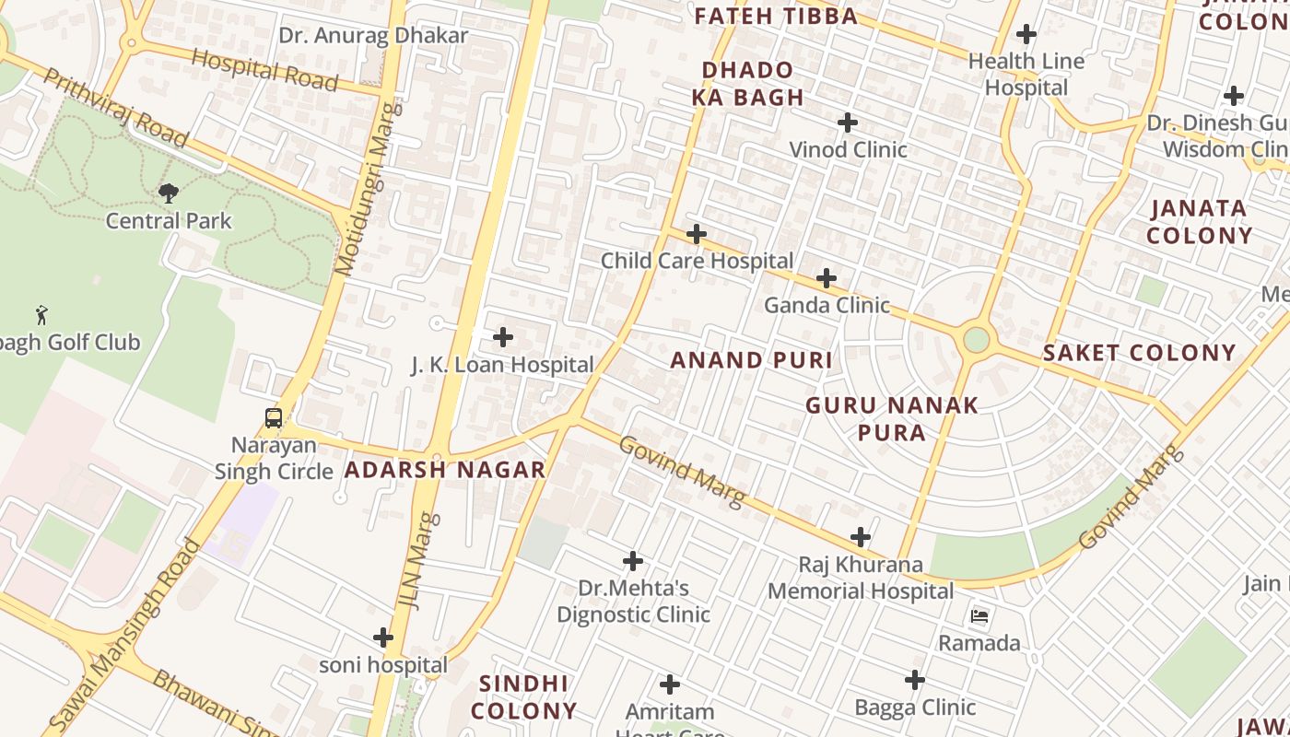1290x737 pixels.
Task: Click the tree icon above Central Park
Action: click(x=168, y=193)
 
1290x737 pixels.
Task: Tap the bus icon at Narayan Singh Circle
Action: click(x=274, y=418)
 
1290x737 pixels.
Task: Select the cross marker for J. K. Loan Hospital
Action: click(x=503, y=337)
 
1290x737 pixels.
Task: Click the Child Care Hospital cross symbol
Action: click(x=697, y=234)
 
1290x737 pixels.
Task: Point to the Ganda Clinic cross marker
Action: click(x=827, y=278)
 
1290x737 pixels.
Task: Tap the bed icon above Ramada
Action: click(x=979, y=615)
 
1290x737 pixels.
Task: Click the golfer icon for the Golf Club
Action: click(x=41, y=315)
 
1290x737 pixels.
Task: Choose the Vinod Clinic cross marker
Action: click(x=848, y=123)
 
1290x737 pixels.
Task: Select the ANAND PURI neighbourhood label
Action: click(x=751, y=360)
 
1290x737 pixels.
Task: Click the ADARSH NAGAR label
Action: click(x=445, y=470)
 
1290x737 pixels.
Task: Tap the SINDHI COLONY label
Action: click(x=524, y=697)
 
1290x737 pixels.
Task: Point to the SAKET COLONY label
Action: click(x=1139, y=353)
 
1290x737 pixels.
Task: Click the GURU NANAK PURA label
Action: click(x=891, y=418)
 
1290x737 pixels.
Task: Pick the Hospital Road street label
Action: click(x=264, y=70)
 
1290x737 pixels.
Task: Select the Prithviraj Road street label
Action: click(x=115, y=108)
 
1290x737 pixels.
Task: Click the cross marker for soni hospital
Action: click(x=383, y=638)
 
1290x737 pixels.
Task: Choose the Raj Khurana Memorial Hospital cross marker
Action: click(x=861, y=537)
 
